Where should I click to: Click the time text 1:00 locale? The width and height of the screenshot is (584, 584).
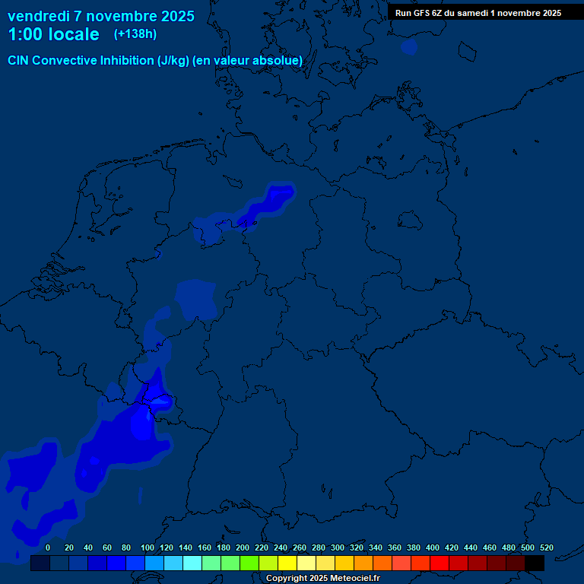click(53, 34)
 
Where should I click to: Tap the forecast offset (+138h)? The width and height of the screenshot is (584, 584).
click(135, 34)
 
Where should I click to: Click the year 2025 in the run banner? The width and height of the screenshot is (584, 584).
click(547, 12)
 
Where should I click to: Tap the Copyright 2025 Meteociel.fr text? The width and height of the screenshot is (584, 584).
click(323, 578)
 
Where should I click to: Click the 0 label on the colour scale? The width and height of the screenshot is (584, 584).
click(48, 547)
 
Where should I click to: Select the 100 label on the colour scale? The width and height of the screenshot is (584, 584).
click(147, 547)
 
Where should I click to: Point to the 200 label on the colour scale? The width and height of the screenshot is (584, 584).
click(242, 547)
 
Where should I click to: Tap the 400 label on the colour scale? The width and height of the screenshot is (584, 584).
click(432, 547)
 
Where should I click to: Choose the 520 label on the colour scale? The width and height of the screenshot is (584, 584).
click(546, 547)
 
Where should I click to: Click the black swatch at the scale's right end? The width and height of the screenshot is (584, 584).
click(535, 563)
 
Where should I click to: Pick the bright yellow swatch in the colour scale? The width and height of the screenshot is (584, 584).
click(287, 563)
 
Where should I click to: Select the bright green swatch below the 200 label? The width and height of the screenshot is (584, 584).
click(249, 563)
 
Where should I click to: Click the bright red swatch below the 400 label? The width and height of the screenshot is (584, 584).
click(440, 563)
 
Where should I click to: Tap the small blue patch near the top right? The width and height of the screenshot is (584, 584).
click(409, 47)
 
